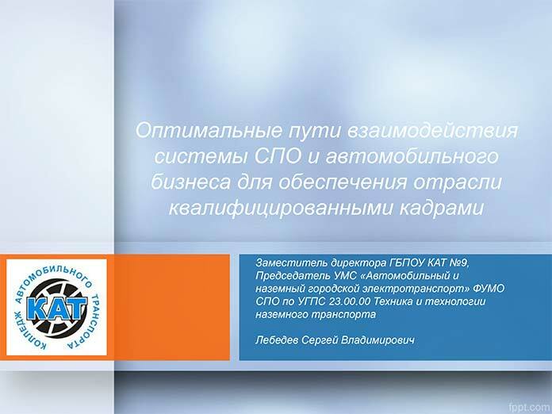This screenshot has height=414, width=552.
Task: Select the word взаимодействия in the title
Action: click(x=433, y=131)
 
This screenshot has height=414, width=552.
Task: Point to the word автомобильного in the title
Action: click(x=412, y=156)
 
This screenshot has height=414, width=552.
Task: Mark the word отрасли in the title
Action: click(x=458, y=182)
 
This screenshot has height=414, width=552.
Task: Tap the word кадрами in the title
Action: click(x=442, y=208)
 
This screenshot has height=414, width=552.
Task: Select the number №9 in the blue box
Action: click(x=459, y=263)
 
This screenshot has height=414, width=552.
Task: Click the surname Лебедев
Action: click(x=277, y=340)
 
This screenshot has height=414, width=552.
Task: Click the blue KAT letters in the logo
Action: click(x=56, y=308)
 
